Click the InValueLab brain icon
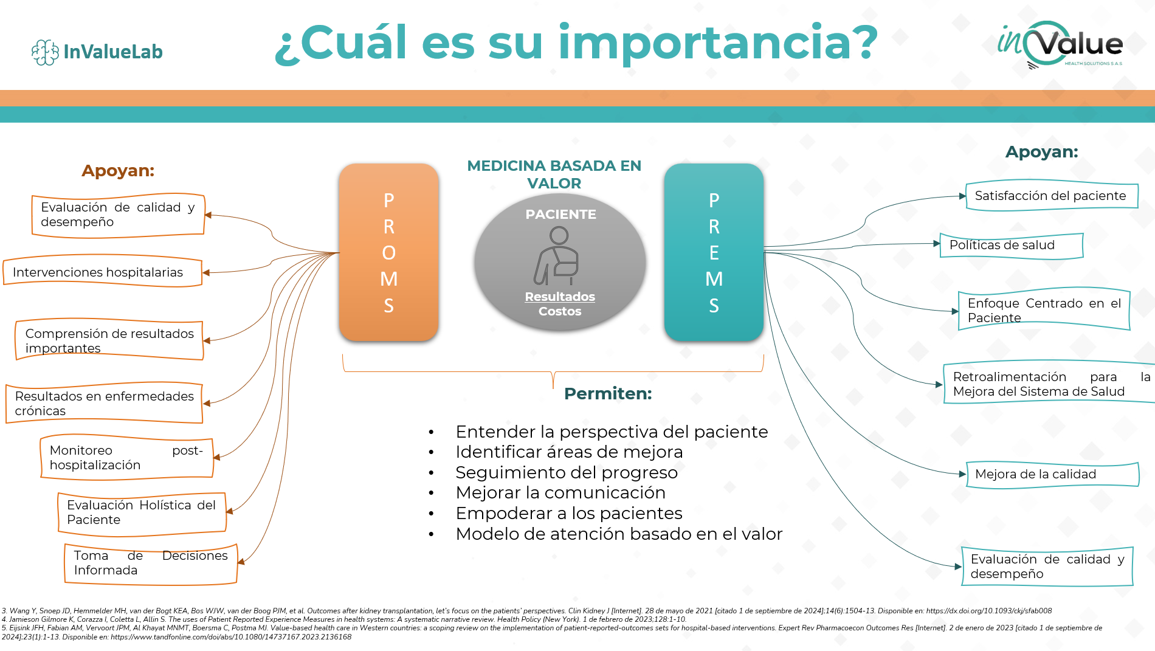(45, 52)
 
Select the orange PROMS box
(389, 252)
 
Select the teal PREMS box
(714, 252)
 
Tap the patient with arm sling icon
(557, 256)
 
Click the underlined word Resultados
(560, 297)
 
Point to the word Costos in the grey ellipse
(560, 311)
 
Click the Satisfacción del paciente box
(1052, 196)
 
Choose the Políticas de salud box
(1012, 245)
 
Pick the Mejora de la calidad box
(1052, 474)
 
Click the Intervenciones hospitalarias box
(103, 272)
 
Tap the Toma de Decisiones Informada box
(151, 563)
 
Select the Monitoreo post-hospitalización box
(126, 458)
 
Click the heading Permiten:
(608, 394)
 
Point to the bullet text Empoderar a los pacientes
(569, 513)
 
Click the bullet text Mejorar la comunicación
(560, 492)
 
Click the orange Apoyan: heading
(118, 171)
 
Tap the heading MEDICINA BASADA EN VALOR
(554, 174)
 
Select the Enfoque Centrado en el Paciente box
(1044, 309)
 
